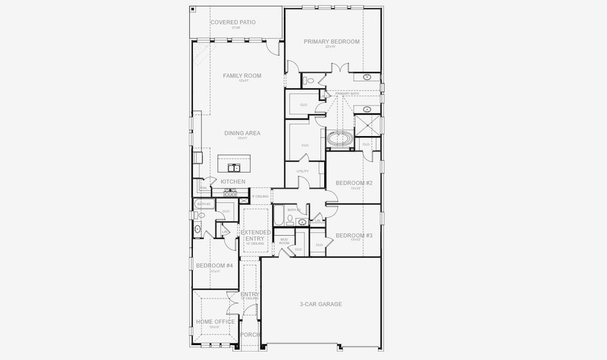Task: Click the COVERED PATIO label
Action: click(x=232, y=23)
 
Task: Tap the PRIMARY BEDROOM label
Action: click(x=331, y=42)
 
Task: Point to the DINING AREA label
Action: click(x=242, y=133)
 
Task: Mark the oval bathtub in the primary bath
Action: click(x=340, y=139)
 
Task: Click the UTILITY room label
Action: click(x=303, y=171)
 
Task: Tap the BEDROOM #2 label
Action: click(x=354, y=183)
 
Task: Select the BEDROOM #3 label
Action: click(x=354, y=236)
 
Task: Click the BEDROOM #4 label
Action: click(x=214, y=266)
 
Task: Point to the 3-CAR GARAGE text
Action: click(x=321, y=304)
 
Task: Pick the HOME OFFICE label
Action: click(x=215, y=322)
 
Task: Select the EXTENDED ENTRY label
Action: click(x=256, y=235)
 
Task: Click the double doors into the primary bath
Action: click(x=340, y=68)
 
